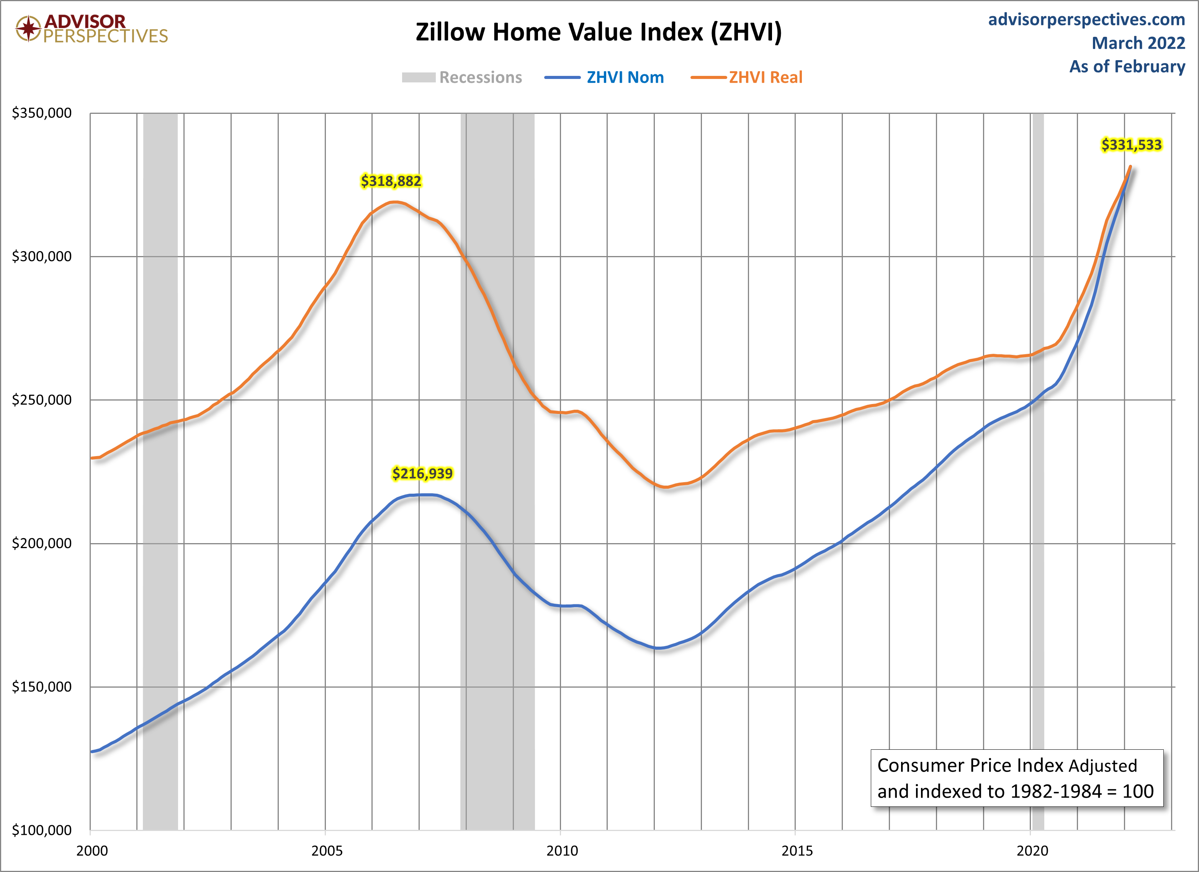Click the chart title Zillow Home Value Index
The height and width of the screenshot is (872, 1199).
pyautogui.click(x=599, y=32)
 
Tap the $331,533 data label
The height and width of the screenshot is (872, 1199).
pyautogui.click(x=1131, y=145)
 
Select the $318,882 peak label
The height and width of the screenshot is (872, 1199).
pyautogui.click(x=391, y=181)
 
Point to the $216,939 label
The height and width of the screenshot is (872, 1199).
pyautogui.click(x=422, y=473)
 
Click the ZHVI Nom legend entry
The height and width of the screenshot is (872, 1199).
pyautogui.click(x=604, y=77)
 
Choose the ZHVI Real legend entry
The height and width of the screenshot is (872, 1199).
pyautogui.click(x=746, y=77)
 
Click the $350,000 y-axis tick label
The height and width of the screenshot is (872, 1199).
pyautogui.click(x=42, y=113)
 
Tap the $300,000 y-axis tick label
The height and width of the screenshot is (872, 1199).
pyautogui.click(x=42, y=256)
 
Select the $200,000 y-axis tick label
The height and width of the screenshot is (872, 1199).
pyautogui.click(x=42, y=543)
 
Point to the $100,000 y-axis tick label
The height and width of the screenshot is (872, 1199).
pyautogui.click(x=42, y=830)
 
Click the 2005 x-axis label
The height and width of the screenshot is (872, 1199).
pyautogui.click(x=327, y=851)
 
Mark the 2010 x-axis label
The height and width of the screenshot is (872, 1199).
pyautogui.click(x=562, y=851)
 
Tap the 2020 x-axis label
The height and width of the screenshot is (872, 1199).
pyautogui.click(x=1032, y=851)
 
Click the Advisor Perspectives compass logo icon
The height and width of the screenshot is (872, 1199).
pyautogui.click(x=28, y=28)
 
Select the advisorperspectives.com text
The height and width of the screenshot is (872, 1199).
pyautogui.click(x=1086, y=19)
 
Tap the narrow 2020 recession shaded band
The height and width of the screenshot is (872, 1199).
pyautogui.click(x=1038, y=471)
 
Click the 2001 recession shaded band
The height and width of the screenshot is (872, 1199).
pyautogui.click(x=160, y=471)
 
